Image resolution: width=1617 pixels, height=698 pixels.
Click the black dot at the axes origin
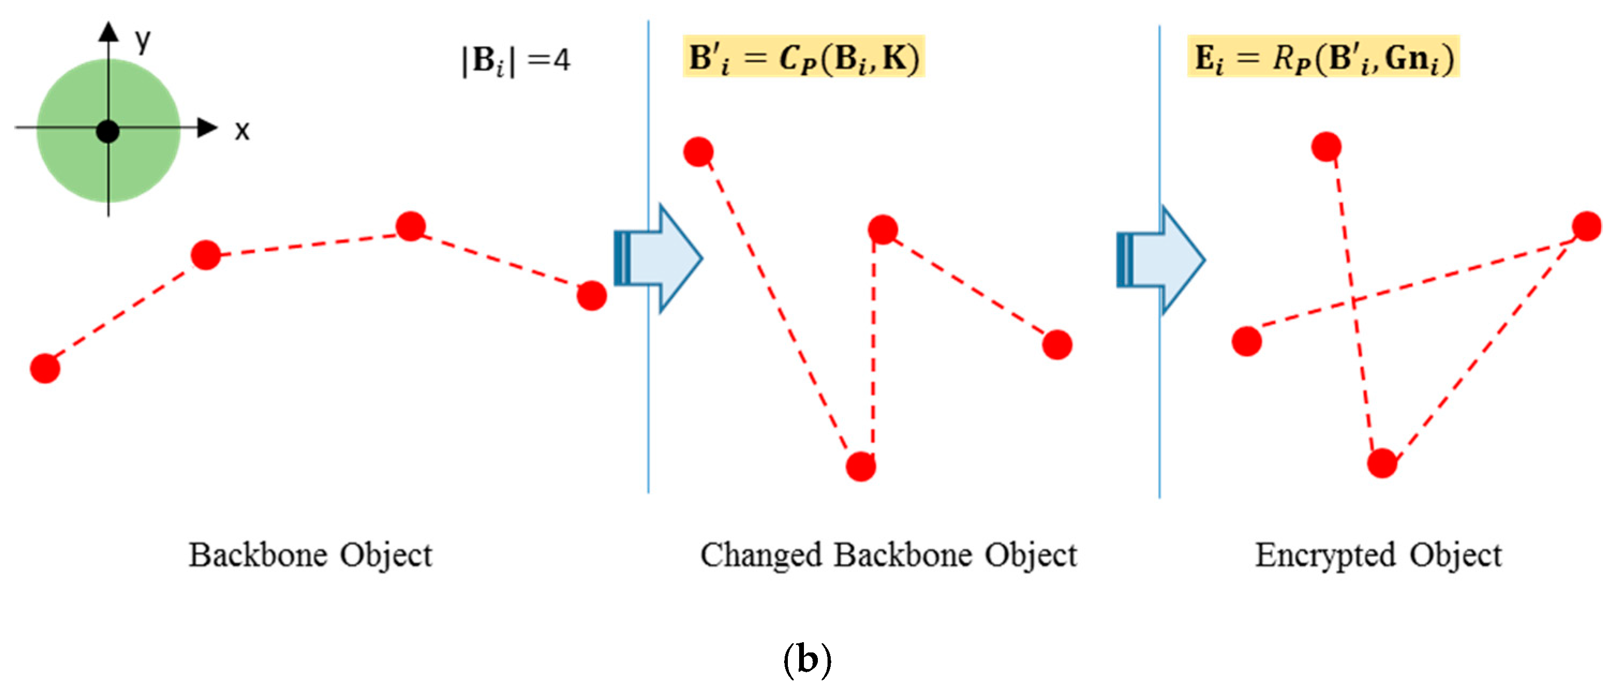tap(108, 132)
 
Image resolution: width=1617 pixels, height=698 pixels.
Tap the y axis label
tap(143, 41)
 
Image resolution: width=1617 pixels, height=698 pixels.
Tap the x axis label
tap(242, 131)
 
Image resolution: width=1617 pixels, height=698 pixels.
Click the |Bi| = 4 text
tap(516, 61)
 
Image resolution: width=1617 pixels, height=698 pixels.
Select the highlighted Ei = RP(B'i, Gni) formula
tap(1323, 58)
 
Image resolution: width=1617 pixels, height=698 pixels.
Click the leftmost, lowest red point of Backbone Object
tap(45, 368)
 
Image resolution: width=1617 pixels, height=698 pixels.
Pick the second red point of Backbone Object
tap(206, 255)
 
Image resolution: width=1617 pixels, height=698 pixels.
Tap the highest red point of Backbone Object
tap(411, 226)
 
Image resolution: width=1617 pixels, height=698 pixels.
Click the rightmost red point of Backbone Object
tap(591, 295)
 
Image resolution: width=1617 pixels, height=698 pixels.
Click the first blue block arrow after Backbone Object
tap(658, 258)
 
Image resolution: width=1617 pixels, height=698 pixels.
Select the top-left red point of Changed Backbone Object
tap(698, 151)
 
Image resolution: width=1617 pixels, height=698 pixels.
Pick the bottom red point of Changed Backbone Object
tap(861, 466)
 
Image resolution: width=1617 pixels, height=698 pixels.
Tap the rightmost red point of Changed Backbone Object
tap(1057, 345)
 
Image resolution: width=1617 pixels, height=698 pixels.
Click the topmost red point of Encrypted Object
tap(1327, 147)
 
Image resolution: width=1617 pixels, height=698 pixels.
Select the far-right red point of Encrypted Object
tap(1587, 227)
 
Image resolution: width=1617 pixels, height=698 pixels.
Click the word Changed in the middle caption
tap(761, 555)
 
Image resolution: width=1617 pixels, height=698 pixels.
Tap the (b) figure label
tap(807, 660)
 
